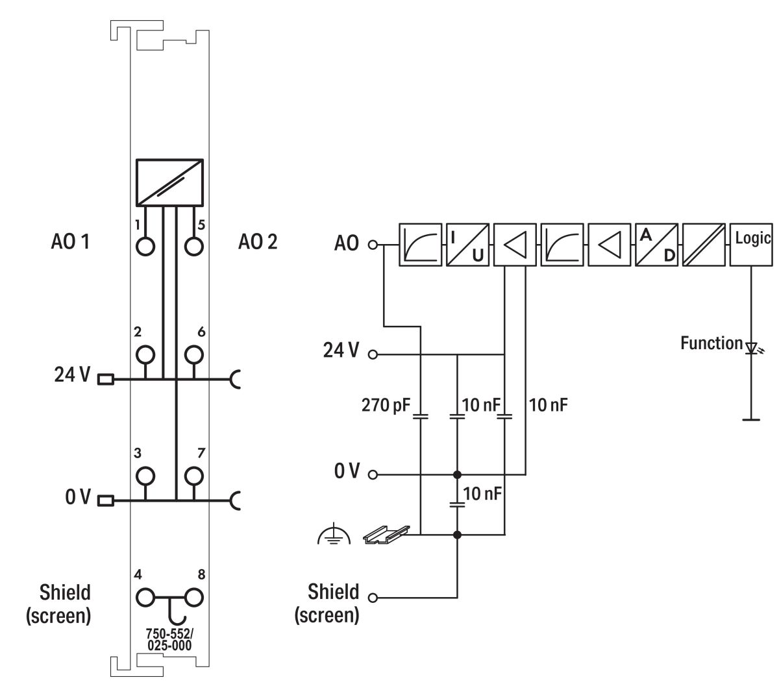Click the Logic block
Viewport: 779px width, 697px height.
(751, 245)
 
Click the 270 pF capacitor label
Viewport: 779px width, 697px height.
(386, 406)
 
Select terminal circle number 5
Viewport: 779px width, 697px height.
(193, 246)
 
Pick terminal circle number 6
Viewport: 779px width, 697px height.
(193, 354)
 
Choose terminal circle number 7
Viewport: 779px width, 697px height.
(193, 476)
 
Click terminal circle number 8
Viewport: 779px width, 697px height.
(193, 596)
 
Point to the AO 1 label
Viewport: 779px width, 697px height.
(70, 243)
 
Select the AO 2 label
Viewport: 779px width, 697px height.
(257, 243)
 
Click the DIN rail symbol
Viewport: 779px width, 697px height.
(386, 533)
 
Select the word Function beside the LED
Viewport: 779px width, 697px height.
(711, 343)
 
